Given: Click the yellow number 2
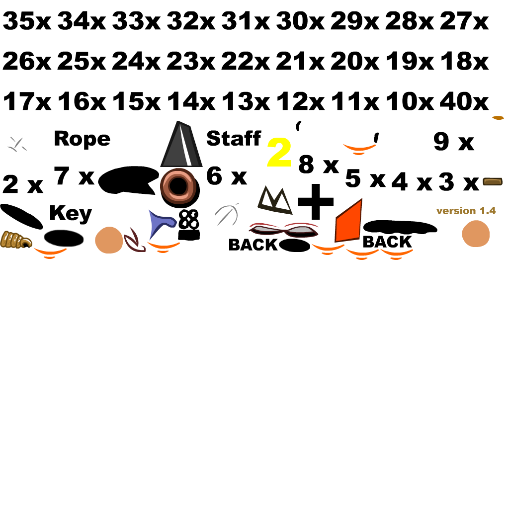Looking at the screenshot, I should tap(279, 153).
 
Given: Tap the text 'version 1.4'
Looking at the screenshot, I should tap(466, 211).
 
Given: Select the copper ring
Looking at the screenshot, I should tap(178, 185).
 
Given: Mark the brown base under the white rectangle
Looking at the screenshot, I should tap(492, 181).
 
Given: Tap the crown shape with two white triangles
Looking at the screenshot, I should tap(274, 201).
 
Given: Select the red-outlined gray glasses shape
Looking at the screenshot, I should tap(284, 229).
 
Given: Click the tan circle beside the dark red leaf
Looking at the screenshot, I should tap(109, 240).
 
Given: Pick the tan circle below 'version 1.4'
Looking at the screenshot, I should tap(476, 233).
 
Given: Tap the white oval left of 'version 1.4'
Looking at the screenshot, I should tap(426, 210).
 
